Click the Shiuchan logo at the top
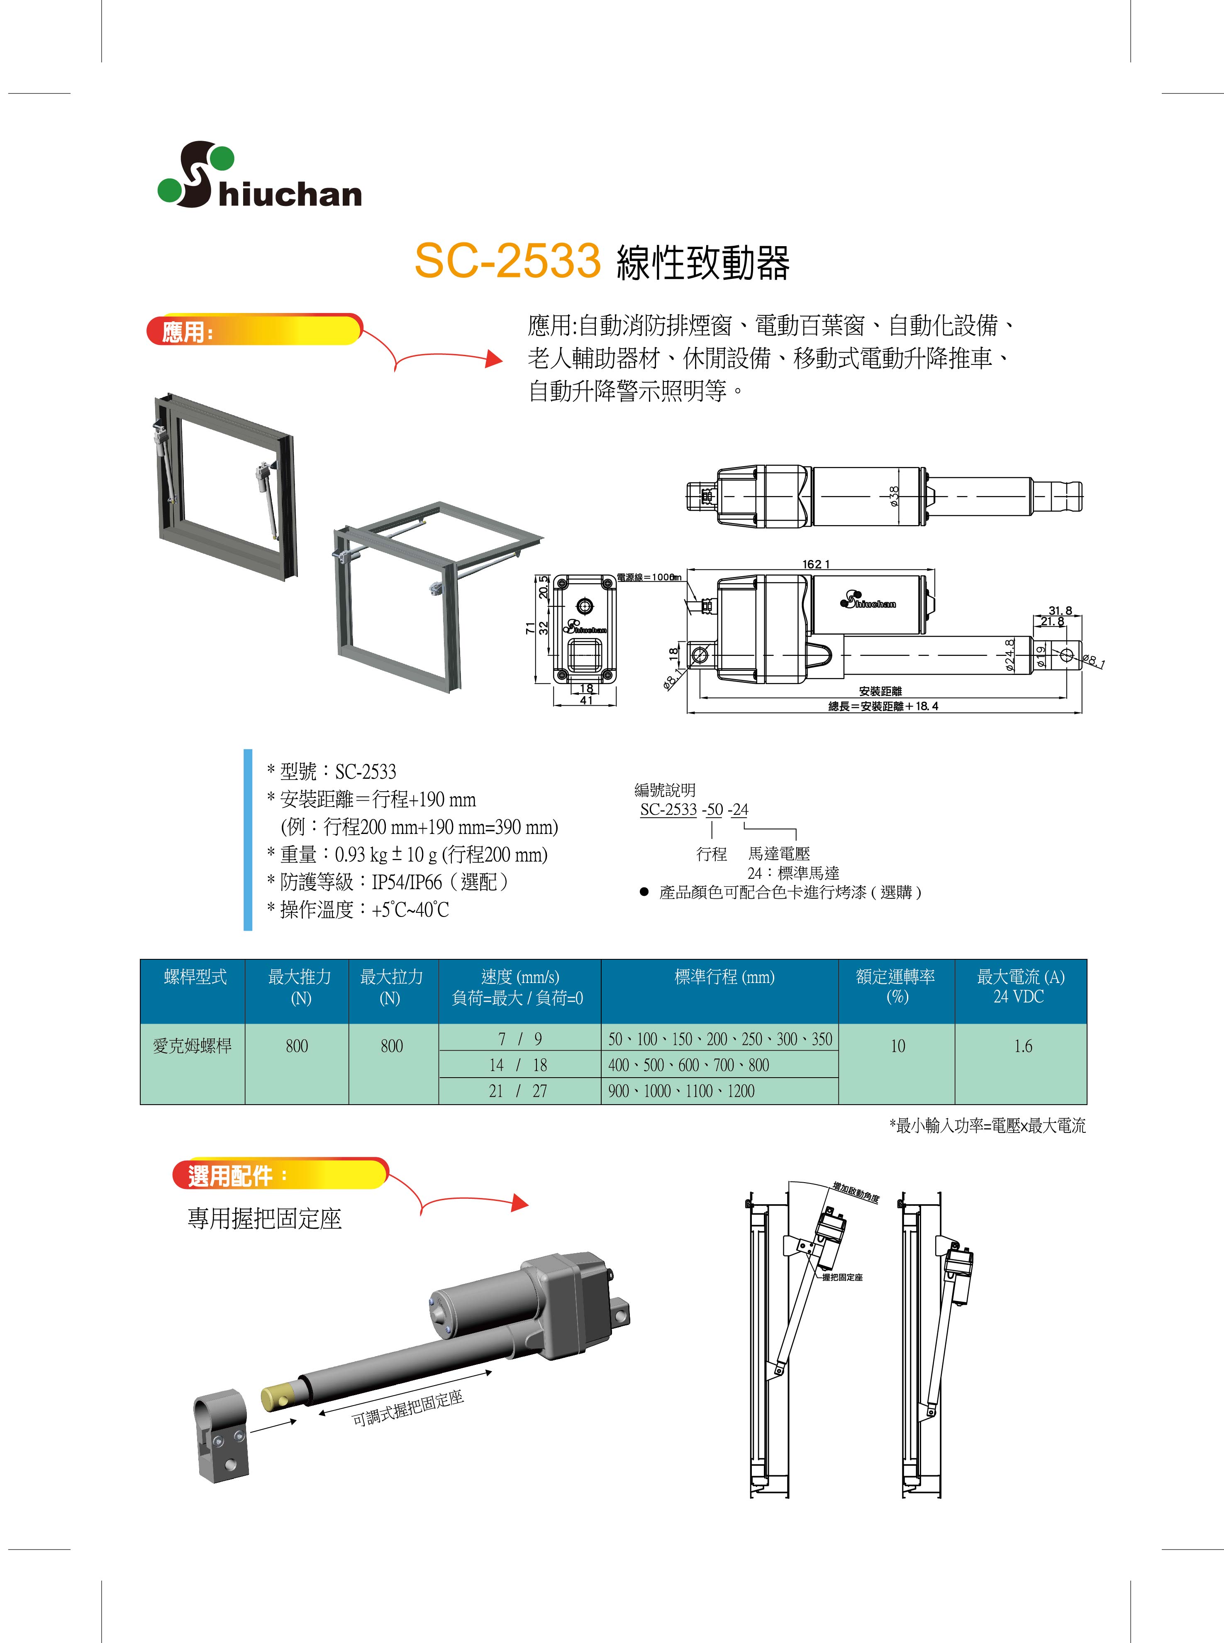pos(259,175)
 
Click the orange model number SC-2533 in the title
pos(507,261)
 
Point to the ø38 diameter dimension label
pos(894,496)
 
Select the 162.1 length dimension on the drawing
pos(817,564)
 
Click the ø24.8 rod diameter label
pos(1009,655)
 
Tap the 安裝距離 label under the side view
pos(880,691)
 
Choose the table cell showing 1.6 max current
pos(1022,1046)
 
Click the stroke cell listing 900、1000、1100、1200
pos(719,1091)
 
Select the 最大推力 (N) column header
pos(299,987)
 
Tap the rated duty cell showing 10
pos(897,1046)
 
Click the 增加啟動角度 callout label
pos(855,1193)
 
